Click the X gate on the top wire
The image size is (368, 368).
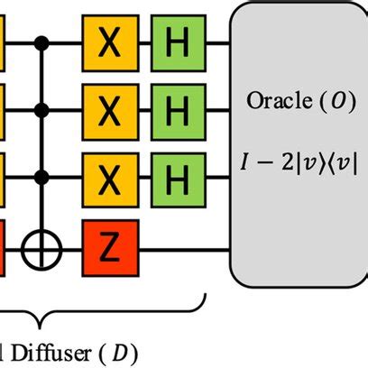point(109,41)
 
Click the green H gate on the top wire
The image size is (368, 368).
point(178,41)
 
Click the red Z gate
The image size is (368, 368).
point(109,244)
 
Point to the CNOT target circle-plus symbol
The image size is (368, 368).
point(41,244)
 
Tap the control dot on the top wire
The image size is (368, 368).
point(41,41)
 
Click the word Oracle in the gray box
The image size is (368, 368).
point(276,101)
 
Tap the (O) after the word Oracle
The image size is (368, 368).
point(333,101)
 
